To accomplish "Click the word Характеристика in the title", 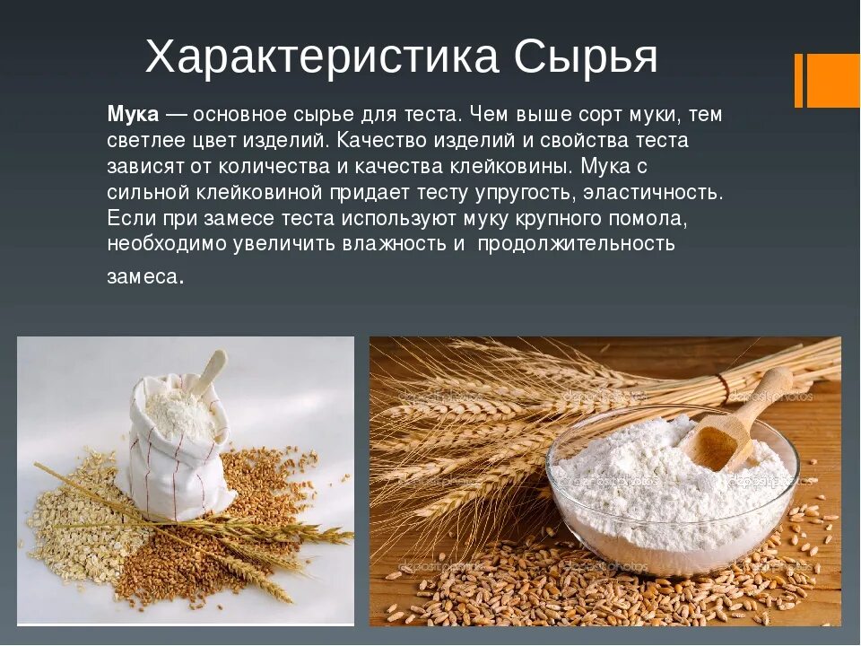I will [x=321, y=58].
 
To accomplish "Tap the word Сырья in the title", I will [x=587, y=58].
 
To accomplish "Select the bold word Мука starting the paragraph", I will [x=134, y=115].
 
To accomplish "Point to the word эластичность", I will [x=653, y=192].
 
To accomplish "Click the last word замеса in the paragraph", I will [x=143, y=276].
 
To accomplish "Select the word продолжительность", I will [x=576, y=244].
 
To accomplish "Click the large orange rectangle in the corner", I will [x=833, y=80].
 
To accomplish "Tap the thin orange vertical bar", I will [x=798, y=80].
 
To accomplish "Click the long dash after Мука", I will [x=177, y=115].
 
